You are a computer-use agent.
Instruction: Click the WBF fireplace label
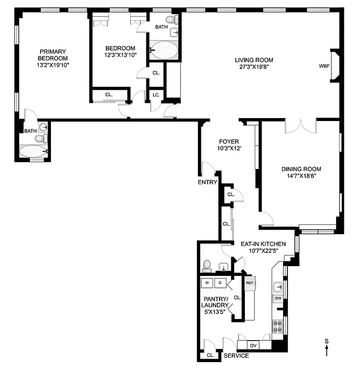pos(324,66)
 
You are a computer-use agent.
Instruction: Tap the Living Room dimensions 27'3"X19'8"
pos(254,67)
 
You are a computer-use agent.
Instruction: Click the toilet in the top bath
pos(171,20)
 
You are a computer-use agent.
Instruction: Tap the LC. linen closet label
pos(156,95)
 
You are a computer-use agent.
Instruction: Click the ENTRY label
pos(207,182)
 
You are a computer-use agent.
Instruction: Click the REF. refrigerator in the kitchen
pos(250,283)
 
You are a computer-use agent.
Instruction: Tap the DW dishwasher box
pos(278,298)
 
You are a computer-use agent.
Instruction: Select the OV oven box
pos(253,345)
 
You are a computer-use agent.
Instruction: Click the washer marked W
pos(207,283)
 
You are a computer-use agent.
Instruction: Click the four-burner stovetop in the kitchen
pos(278,324)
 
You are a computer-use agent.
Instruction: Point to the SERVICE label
pos(236,356)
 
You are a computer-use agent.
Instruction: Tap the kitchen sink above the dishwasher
pos(278,286)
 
